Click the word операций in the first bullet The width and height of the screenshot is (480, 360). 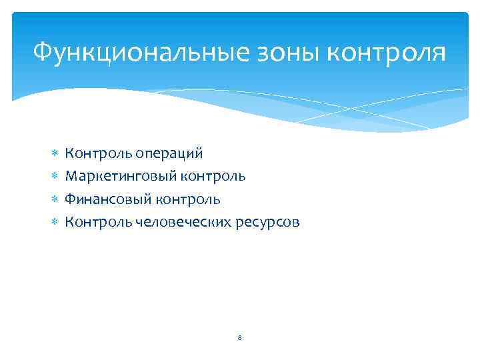click(169, 154)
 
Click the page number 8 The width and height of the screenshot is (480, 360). click(239, 338)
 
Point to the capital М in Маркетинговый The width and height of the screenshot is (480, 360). click(70, 177)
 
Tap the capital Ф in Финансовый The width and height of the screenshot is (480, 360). click(69, 199)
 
